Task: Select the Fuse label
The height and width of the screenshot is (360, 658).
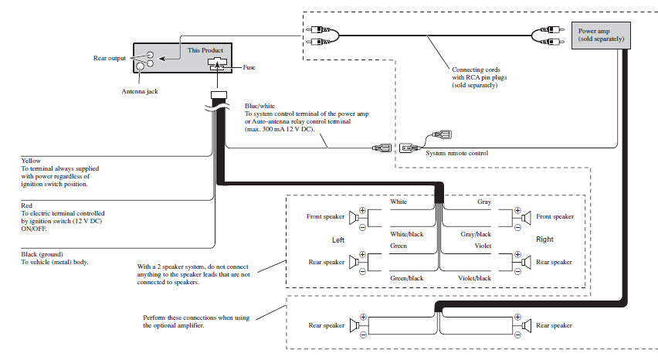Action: (249, 67)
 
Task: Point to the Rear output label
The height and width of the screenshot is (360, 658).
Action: (109, 57)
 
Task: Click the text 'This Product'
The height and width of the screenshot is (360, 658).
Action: (205, 50)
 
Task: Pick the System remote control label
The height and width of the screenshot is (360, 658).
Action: (457, 153)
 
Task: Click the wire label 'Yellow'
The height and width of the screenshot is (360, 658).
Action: (31, 161)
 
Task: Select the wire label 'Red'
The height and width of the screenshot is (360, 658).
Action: (27, 205)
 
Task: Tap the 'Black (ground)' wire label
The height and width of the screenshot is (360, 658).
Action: (42, 253)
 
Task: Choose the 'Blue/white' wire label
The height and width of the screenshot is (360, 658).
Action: (260, 106)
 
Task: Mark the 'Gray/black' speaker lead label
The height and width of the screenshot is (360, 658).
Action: (476, 233)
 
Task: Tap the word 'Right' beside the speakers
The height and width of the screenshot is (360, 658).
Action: (544, 239)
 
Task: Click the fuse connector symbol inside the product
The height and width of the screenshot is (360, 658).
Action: (217, 65)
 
